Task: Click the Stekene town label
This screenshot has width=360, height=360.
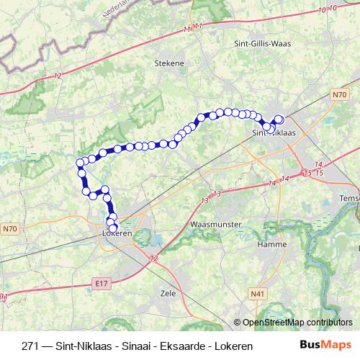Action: (x=169, y=63)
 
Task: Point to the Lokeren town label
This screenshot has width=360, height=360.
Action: (x=115, y=235)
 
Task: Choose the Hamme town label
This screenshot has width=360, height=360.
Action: (x=269, y=245)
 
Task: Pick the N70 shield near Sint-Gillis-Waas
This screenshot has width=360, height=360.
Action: (x=340, y=94)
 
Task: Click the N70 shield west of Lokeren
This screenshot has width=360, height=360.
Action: (x=9, y=230)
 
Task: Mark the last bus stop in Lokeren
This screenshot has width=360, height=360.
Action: (x=113, y=229)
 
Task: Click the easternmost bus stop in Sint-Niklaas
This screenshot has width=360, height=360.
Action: (x=279, y=120)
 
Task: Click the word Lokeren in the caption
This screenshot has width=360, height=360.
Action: (x=231, y=346)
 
